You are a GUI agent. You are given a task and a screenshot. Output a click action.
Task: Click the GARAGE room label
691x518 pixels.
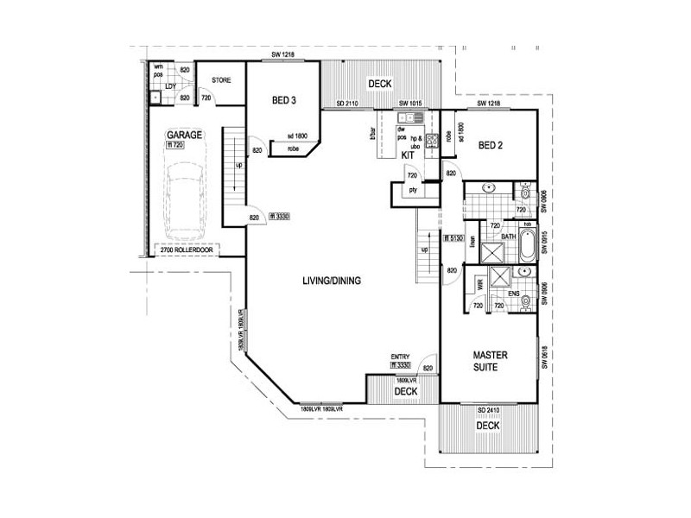(184, 136)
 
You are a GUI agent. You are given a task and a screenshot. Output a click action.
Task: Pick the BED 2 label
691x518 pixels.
(491, 146)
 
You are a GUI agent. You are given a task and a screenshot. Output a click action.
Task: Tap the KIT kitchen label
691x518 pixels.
(409, 155)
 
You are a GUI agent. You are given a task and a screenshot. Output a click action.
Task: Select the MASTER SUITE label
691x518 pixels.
(490, 362)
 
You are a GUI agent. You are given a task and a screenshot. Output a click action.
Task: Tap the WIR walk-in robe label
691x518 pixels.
(477, 282)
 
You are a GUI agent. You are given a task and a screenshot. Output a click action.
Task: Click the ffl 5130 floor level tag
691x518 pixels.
(453, 237)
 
